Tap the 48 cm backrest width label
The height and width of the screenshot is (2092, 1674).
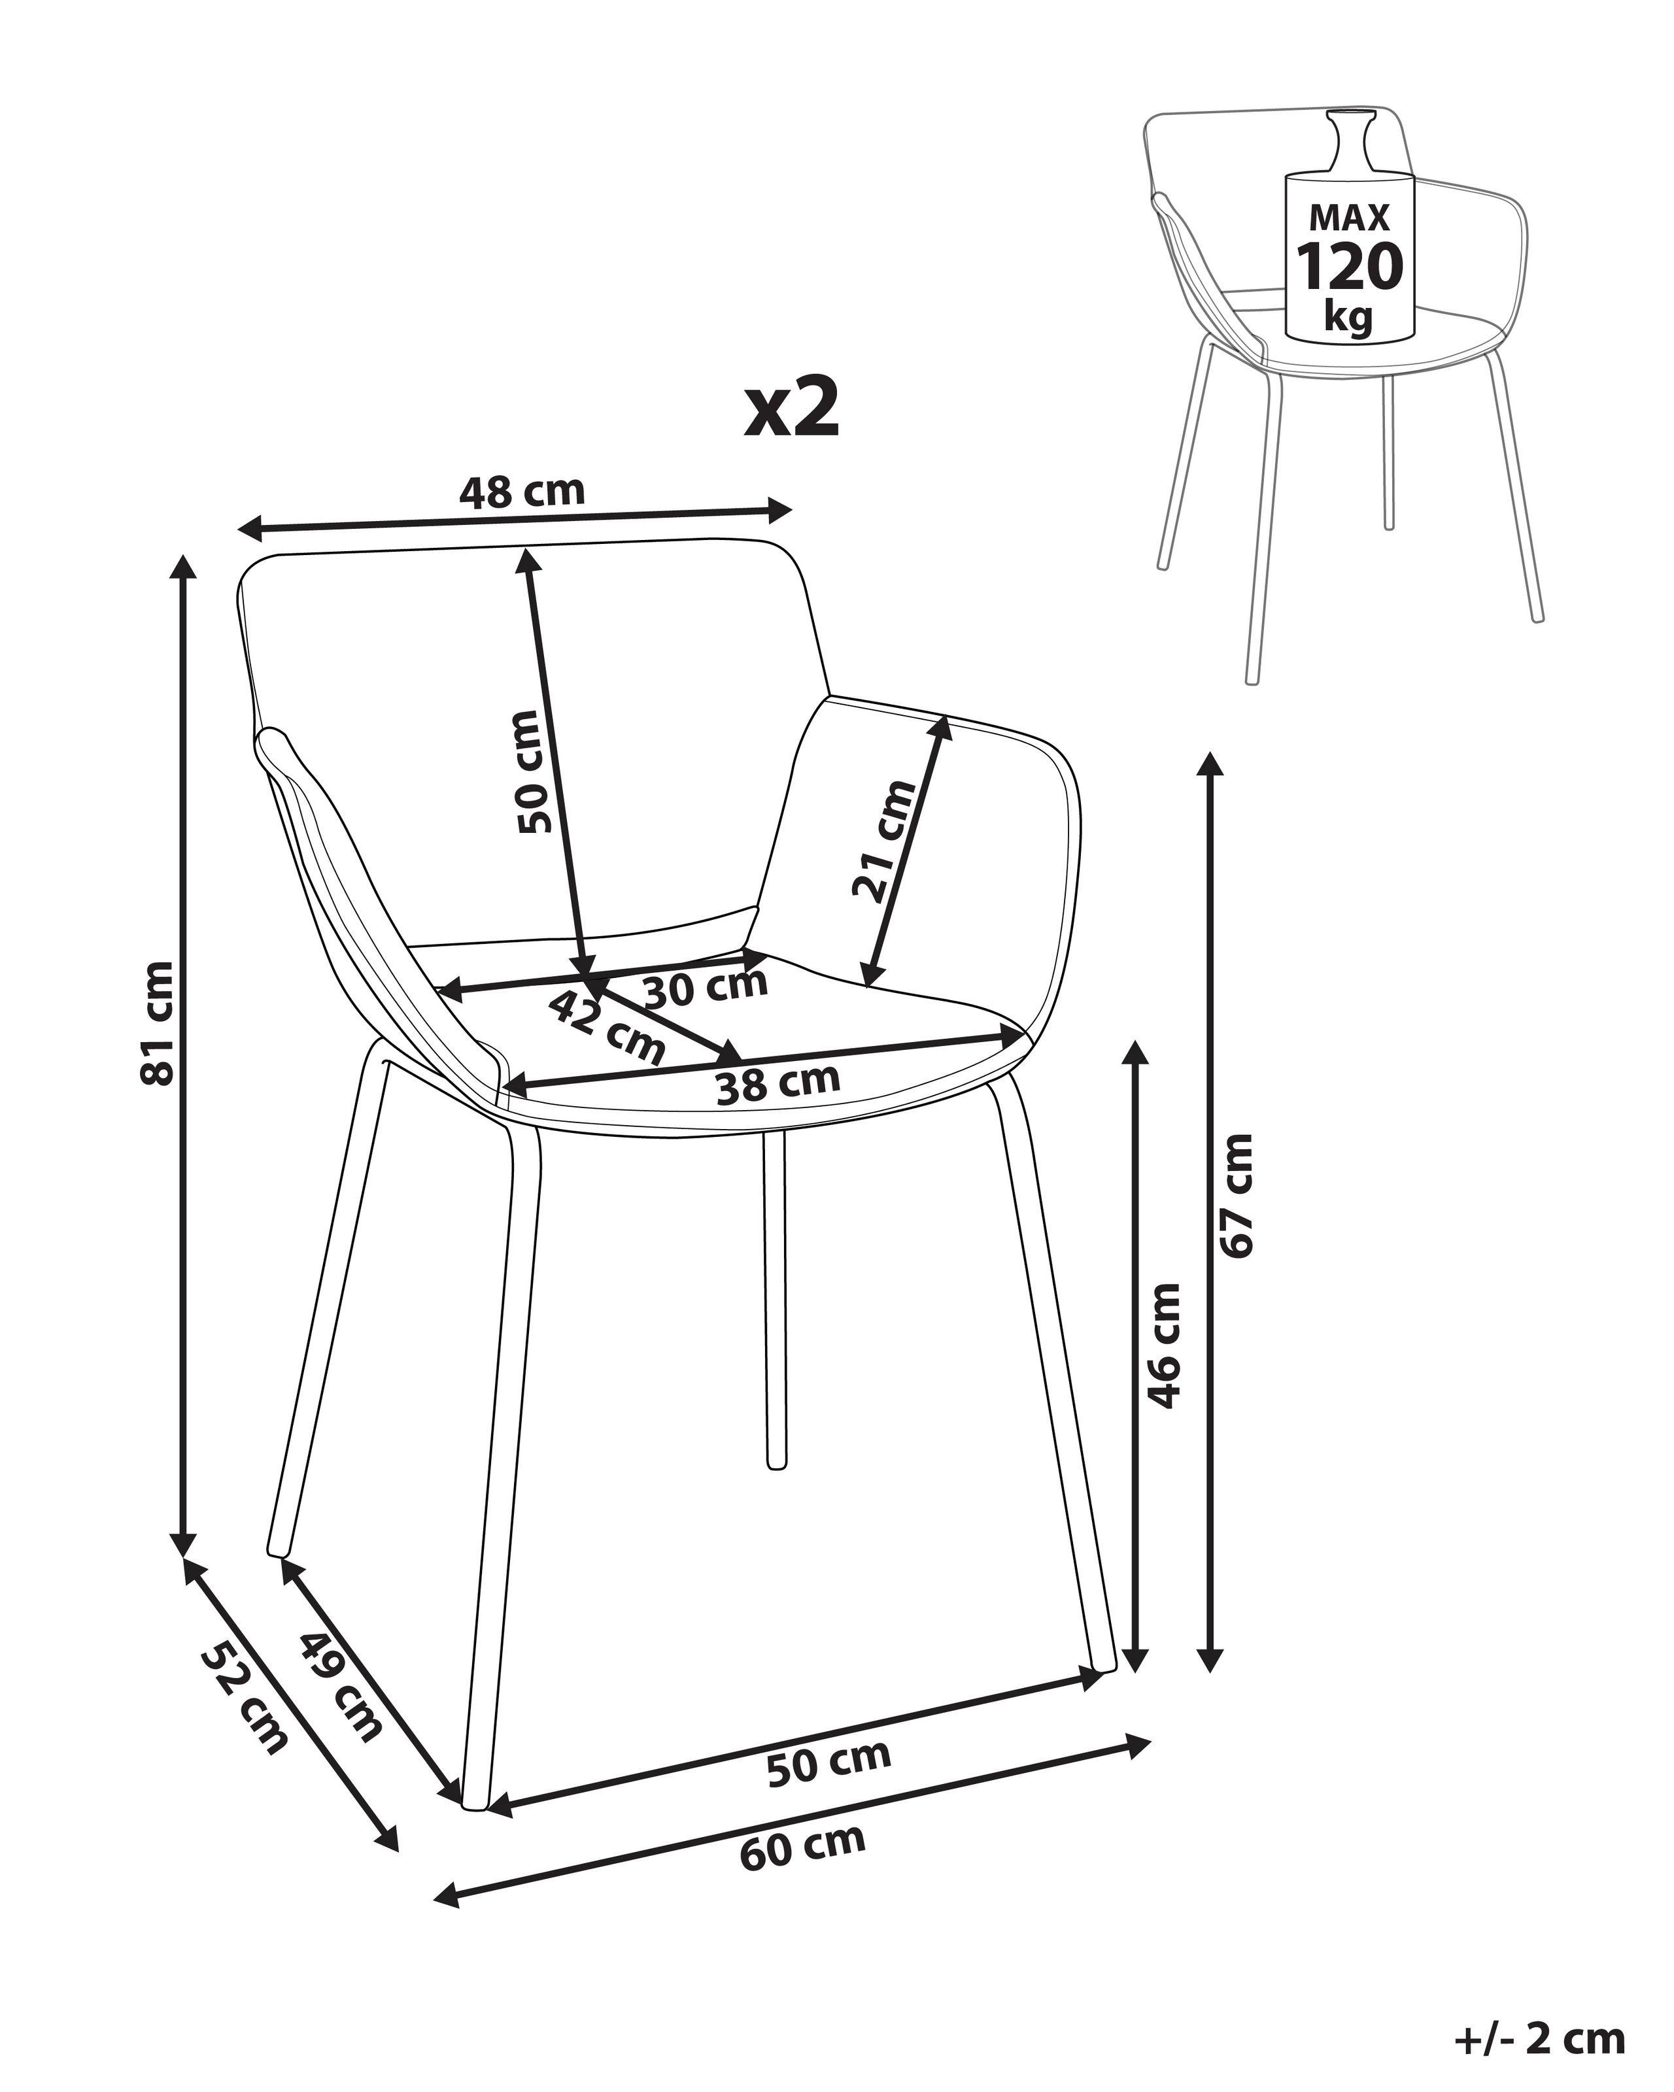[522, 492]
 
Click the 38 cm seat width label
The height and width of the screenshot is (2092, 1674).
[777, 1084]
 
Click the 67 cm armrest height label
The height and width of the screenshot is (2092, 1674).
[1237, 1196]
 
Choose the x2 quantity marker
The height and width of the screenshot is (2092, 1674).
[791, 409]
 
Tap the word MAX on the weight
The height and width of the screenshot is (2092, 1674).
[1350, 216]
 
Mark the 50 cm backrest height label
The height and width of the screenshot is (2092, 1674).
[536, 772]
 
